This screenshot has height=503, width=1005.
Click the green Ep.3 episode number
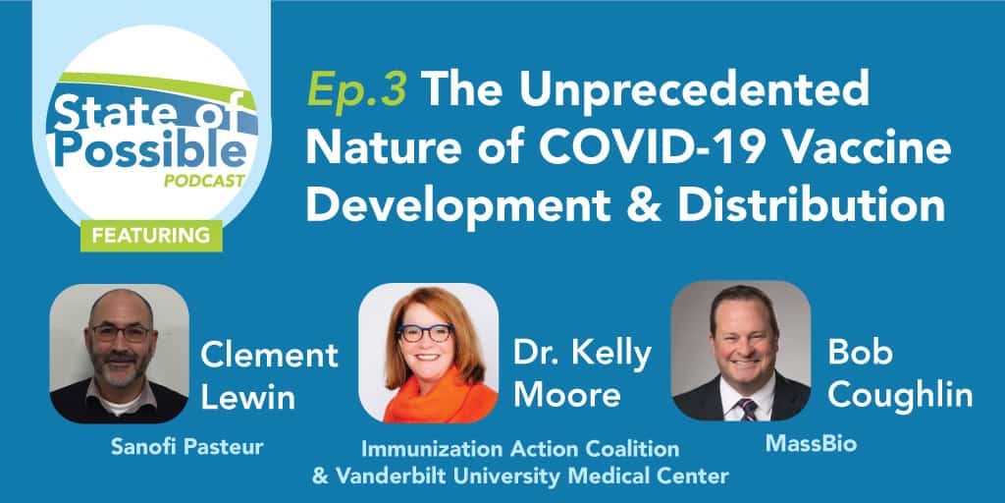tap(356, 89)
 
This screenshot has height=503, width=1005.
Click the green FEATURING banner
tap(151, 236)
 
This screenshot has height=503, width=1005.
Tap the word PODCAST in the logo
tap(204, 182)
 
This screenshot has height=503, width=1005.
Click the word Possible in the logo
tap(150, 150)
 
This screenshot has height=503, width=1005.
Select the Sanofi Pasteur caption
tap(186, 447)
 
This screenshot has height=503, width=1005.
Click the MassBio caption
tap(810, 444)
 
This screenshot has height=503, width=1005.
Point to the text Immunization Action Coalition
tap(520, 448)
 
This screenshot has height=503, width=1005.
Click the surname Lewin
tap(247, 397)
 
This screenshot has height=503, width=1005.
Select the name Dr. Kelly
tap(582, 355)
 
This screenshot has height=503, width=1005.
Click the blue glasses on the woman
tap(426, 333)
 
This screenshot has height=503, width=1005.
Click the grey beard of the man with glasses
tap(120, 369)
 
